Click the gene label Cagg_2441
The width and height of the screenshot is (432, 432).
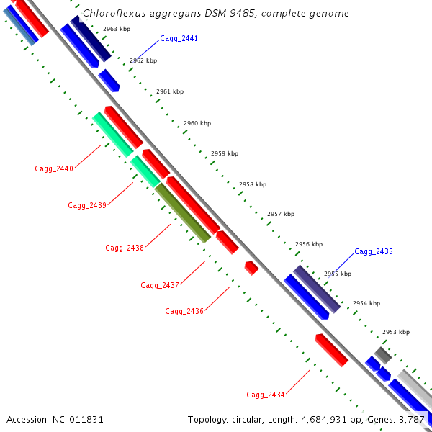(179, 38)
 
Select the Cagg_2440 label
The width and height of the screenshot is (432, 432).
(54, 168)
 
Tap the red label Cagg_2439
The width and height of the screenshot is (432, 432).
(87, 205)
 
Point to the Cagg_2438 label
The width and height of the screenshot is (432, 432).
(125, 248)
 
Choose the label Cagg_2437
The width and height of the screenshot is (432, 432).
(160, 285)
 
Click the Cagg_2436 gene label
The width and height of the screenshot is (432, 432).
(184, 311)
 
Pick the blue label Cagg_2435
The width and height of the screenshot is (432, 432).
(374, 251)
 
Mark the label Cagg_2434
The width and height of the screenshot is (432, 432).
(266, 395)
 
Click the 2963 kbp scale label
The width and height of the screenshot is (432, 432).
(117, 29)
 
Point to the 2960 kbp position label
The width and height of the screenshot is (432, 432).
(197, 123)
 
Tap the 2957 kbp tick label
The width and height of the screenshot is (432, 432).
(281, 214)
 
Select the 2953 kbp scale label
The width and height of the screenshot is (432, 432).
(395, 332)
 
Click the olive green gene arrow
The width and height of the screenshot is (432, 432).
(183, 212)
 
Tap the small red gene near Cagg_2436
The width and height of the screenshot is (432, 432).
(251, 268)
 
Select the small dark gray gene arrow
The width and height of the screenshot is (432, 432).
(382, 355)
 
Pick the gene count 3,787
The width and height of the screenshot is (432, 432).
(411, 419)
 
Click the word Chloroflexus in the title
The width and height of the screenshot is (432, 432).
(110, 14)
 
